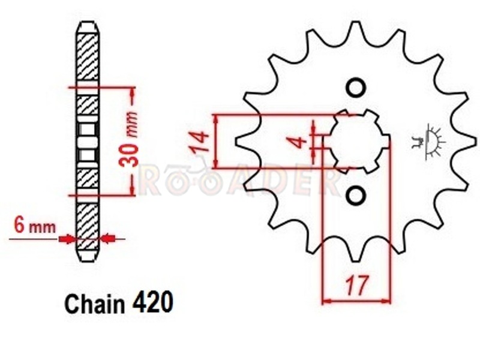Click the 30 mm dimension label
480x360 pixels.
click(128, 140)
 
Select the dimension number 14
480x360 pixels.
click(199, 142)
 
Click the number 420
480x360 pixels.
click(153, 303)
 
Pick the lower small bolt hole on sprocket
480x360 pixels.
click(356, 196)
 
